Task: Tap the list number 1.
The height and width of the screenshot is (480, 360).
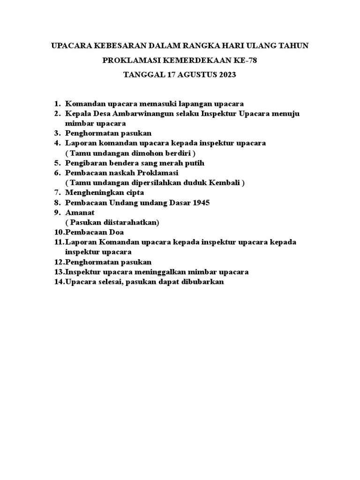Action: click(x=57, y=104)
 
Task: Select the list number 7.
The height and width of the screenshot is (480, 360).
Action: click(x=57, y=193)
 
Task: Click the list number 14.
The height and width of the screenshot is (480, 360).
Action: click(x=59, y=282)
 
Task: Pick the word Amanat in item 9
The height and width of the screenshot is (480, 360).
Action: click(x=80, y=212)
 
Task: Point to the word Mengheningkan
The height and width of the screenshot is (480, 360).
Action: click(x=94, y=193)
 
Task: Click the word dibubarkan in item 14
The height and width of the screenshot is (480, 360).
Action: click(x=203, y=282)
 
